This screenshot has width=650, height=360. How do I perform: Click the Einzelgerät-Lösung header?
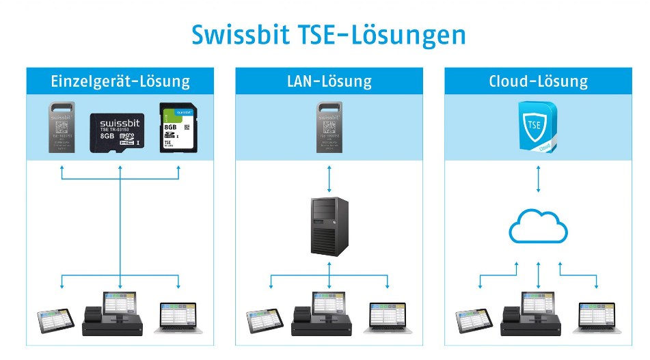click(x=120, y=81)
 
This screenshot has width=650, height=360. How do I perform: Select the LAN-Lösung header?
click(x=329, y=81)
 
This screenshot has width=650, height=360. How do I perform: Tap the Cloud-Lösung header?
click(x=539, y=81)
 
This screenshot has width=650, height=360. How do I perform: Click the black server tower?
click(x=329, y=225)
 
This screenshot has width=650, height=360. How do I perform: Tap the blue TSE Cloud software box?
click(x=536, y=126)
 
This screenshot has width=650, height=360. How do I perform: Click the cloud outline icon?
click(x=539, y=225)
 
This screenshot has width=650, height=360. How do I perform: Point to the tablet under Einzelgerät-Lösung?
click(x=55, y=319)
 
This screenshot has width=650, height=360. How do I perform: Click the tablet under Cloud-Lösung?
click(x=474, y=319)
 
